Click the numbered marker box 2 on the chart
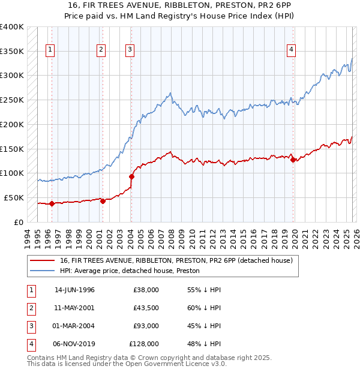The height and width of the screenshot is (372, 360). click(x=101, y=50)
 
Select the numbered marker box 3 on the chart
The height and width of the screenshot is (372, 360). click(x=130, y=50)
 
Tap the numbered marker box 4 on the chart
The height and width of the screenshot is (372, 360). click(x=291, y=50)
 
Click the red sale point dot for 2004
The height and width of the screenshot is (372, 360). click(x=131, y=176)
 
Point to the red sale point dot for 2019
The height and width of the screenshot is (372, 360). click(x=293, y=160)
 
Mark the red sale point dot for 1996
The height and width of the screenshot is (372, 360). click(x=52, y=203)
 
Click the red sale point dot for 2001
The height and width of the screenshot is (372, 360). click(x=103, y=201)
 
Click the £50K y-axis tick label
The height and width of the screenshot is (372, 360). click(x=14, y=197)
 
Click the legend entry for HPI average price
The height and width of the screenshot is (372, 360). click(x=133, y=271)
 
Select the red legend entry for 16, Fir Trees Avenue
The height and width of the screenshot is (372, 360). click(x=176, y=260)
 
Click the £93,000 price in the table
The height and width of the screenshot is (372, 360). click(x=146, y=326)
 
